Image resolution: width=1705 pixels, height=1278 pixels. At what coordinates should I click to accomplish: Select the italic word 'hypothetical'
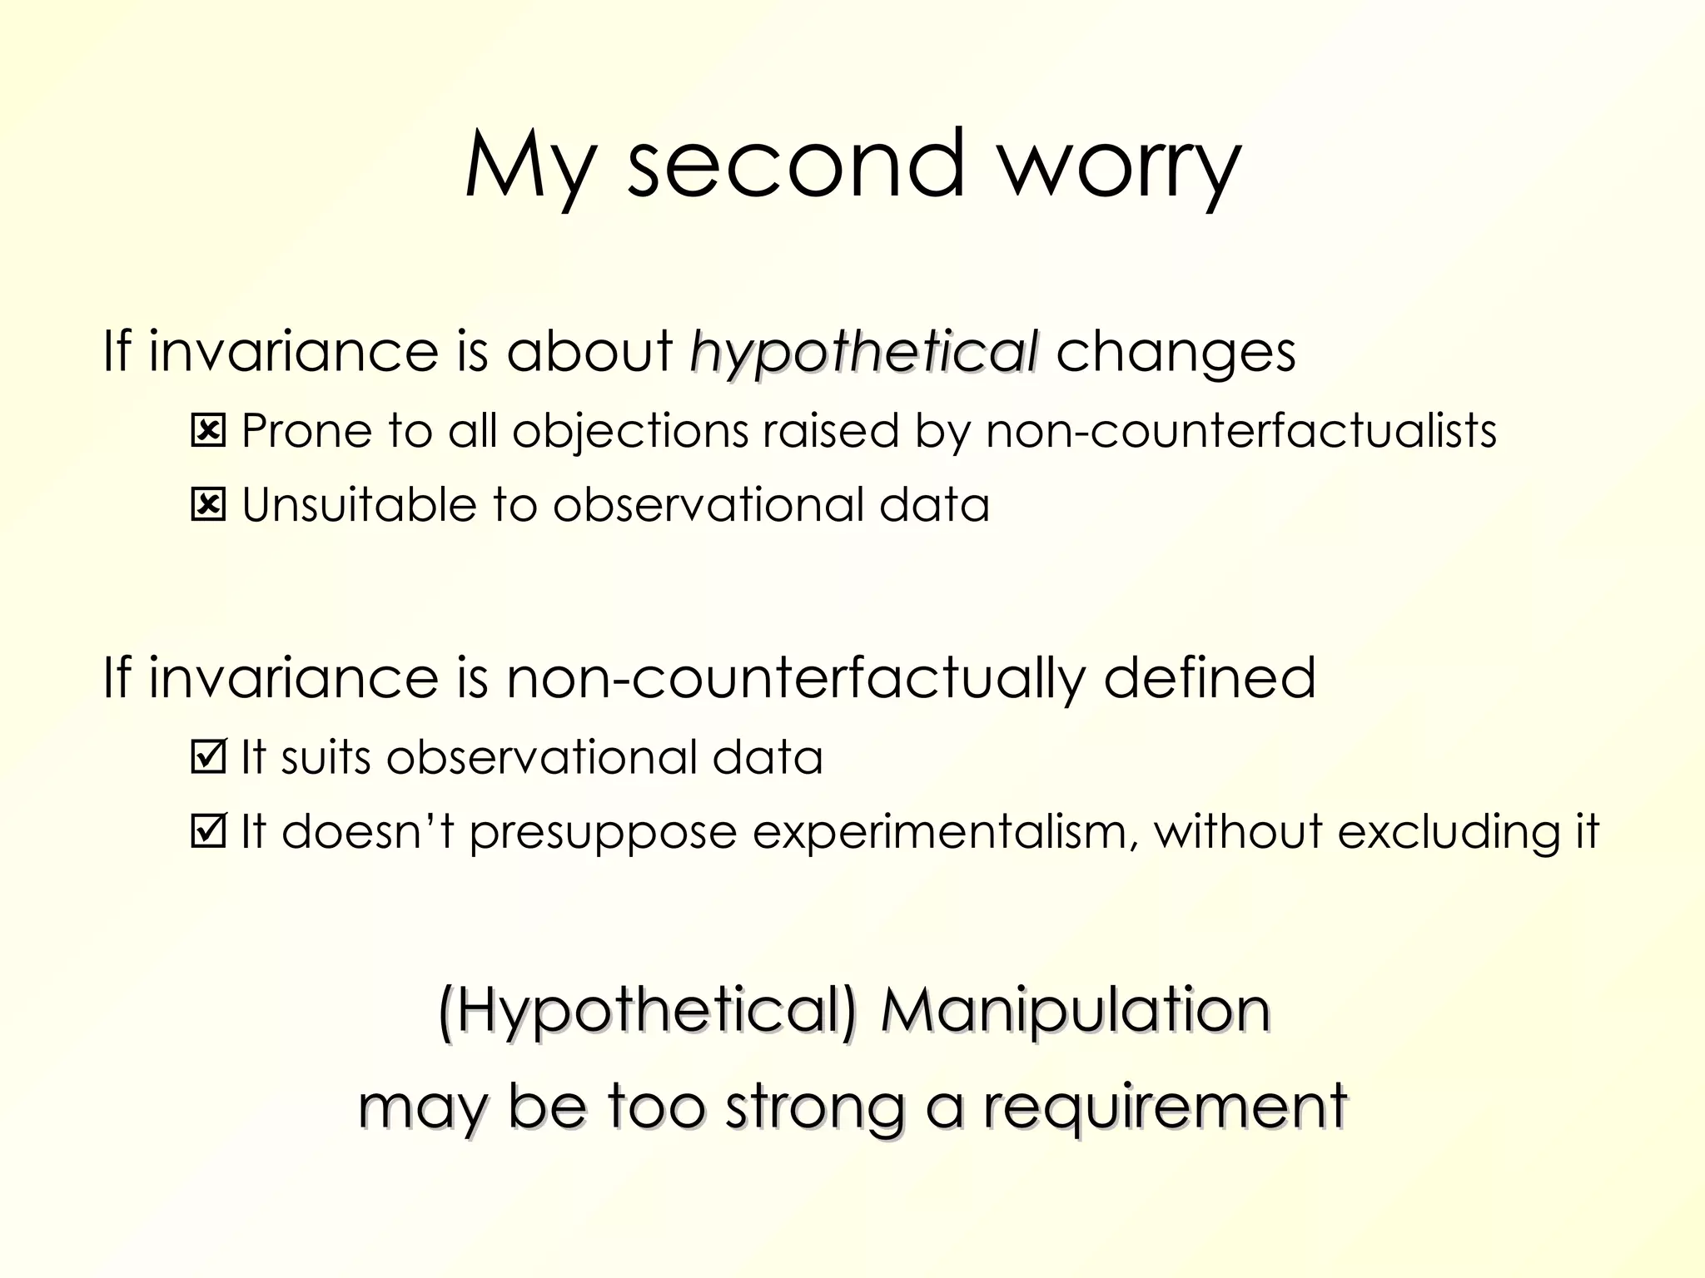coord(864,353)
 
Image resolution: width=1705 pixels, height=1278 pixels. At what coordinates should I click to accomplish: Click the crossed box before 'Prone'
coord(208,431)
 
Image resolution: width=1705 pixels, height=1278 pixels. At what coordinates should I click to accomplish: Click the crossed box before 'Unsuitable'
coord(208,505)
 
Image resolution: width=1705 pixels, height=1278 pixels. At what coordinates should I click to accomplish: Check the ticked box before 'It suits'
coord(208,756)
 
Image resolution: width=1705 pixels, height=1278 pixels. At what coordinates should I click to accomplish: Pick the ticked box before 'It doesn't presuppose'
coord(208,830)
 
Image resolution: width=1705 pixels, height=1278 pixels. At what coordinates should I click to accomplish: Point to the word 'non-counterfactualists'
coord(1240,431)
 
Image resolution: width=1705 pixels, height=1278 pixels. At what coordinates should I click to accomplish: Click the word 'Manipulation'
coord(1075,1010)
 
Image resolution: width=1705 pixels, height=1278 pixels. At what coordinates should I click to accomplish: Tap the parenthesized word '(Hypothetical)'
coord(647,1012)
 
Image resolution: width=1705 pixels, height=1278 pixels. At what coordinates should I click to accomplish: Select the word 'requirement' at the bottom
coord(1165,1107)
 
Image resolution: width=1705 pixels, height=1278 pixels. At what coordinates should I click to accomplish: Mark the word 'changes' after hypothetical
coord(1176,353)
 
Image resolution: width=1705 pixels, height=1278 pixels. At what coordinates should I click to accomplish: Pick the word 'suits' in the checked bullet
coord(326,757)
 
